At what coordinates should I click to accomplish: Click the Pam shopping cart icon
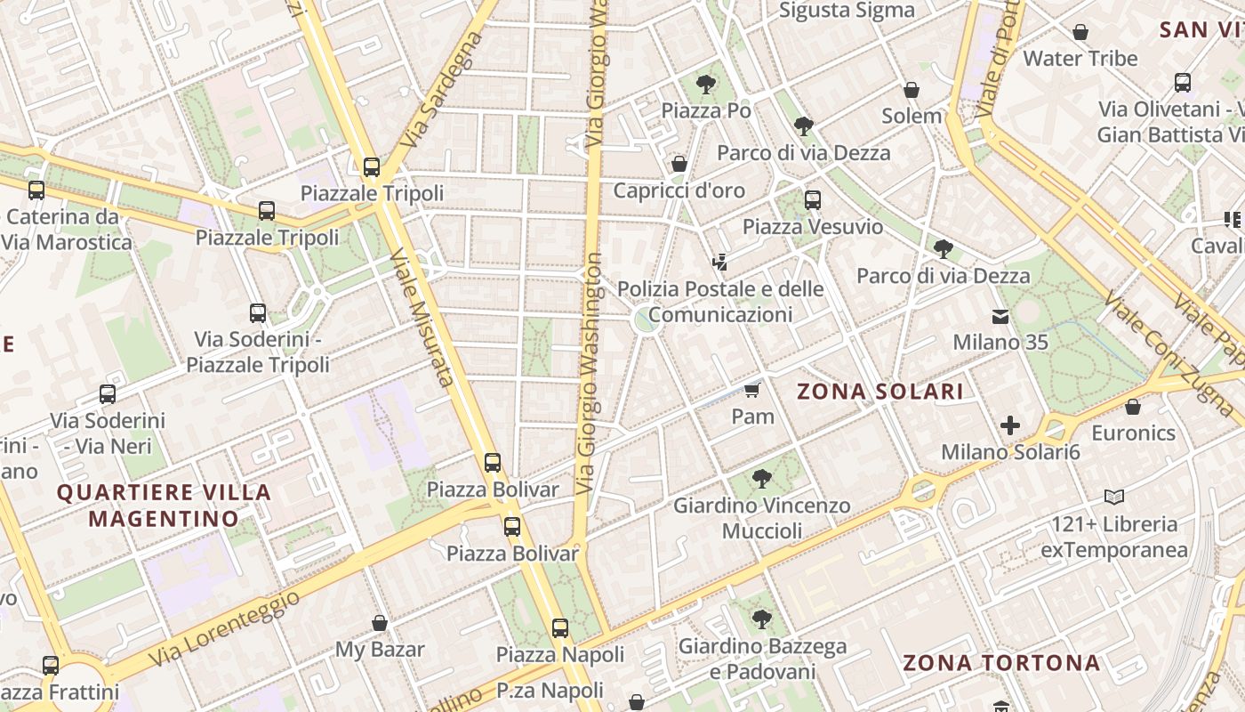coord(752,390)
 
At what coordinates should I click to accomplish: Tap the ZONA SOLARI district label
coord(880,392)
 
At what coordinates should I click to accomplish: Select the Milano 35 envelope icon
coord(1000,316)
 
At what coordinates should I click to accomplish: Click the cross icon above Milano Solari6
coord(1009,425)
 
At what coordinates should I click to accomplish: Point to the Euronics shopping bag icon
coord(1133,407)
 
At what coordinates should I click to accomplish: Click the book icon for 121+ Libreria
coord(1114,497)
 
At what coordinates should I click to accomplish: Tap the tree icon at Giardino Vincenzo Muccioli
coord(761,479)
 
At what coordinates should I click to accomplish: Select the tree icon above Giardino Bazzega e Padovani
coord(761,619)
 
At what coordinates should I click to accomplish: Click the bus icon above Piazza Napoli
coord(560,628)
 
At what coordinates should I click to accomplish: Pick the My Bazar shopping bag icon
coord(380,623)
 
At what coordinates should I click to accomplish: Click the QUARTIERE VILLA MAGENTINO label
coord(164,505)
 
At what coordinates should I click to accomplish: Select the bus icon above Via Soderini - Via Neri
coord(108,393)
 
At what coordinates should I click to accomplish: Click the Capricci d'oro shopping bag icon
coord(679,164)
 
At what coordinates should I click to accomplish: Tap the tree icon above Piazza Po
coord(706,85)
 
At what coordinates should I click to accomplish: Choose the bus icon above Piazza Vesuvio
coord(812,200)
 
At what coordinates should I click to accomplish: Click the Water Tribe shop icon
coord(1080,32)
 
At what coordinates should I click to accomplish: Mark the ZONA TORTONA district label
coord(1001,662)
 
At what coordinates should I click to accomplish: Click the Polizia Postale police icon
coord(720,262)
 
